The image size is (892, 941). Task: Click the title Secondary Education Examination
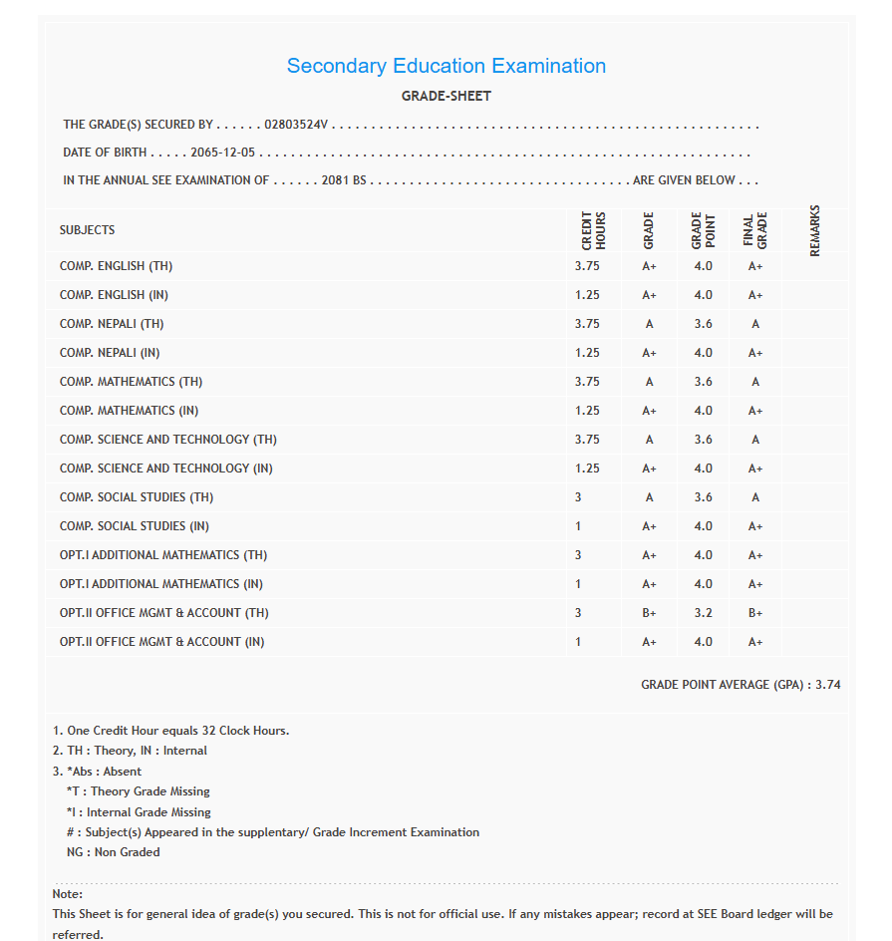[x=446, y=66]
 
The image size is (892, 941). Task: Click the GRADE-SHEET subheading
[x=446, y=97]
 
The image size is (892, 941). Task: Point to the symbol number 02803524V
[x=296, y=126]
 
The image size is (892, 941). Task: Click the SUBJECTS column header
[x=87, y=230]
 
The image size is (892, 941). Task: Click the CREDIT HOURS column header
[x=593, y=230]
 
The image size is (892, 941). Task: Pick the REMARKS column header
[x=815, y=230]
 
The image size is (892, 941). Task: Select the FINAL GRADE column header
[x=755, y=230]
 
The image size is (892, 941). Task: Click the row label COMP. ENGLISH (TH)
[x=116, y=267]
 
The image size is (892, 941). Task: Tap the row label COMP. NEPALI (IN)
[x=110, y=353]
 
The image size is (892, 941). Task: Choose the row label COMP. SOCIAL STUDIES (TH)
[x=137, y=497]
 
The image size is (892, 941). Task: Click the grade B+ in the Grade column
[x=649, y=613]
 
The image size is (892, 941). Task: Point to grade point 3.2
[x=703, y=613]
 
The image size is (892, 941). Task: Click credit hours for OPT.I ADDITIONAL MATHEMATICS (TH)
[x=578, y=555]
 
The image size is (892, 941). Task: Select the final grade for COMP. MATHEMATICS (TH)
[x=755, y=382]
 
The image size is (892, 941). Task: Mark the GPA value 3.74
[x=828, y=685]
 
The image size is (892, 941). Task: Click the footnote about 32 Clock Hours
[x=170, y=731]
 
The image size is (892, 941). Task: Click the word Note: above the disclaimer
[x=68, y=894]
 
